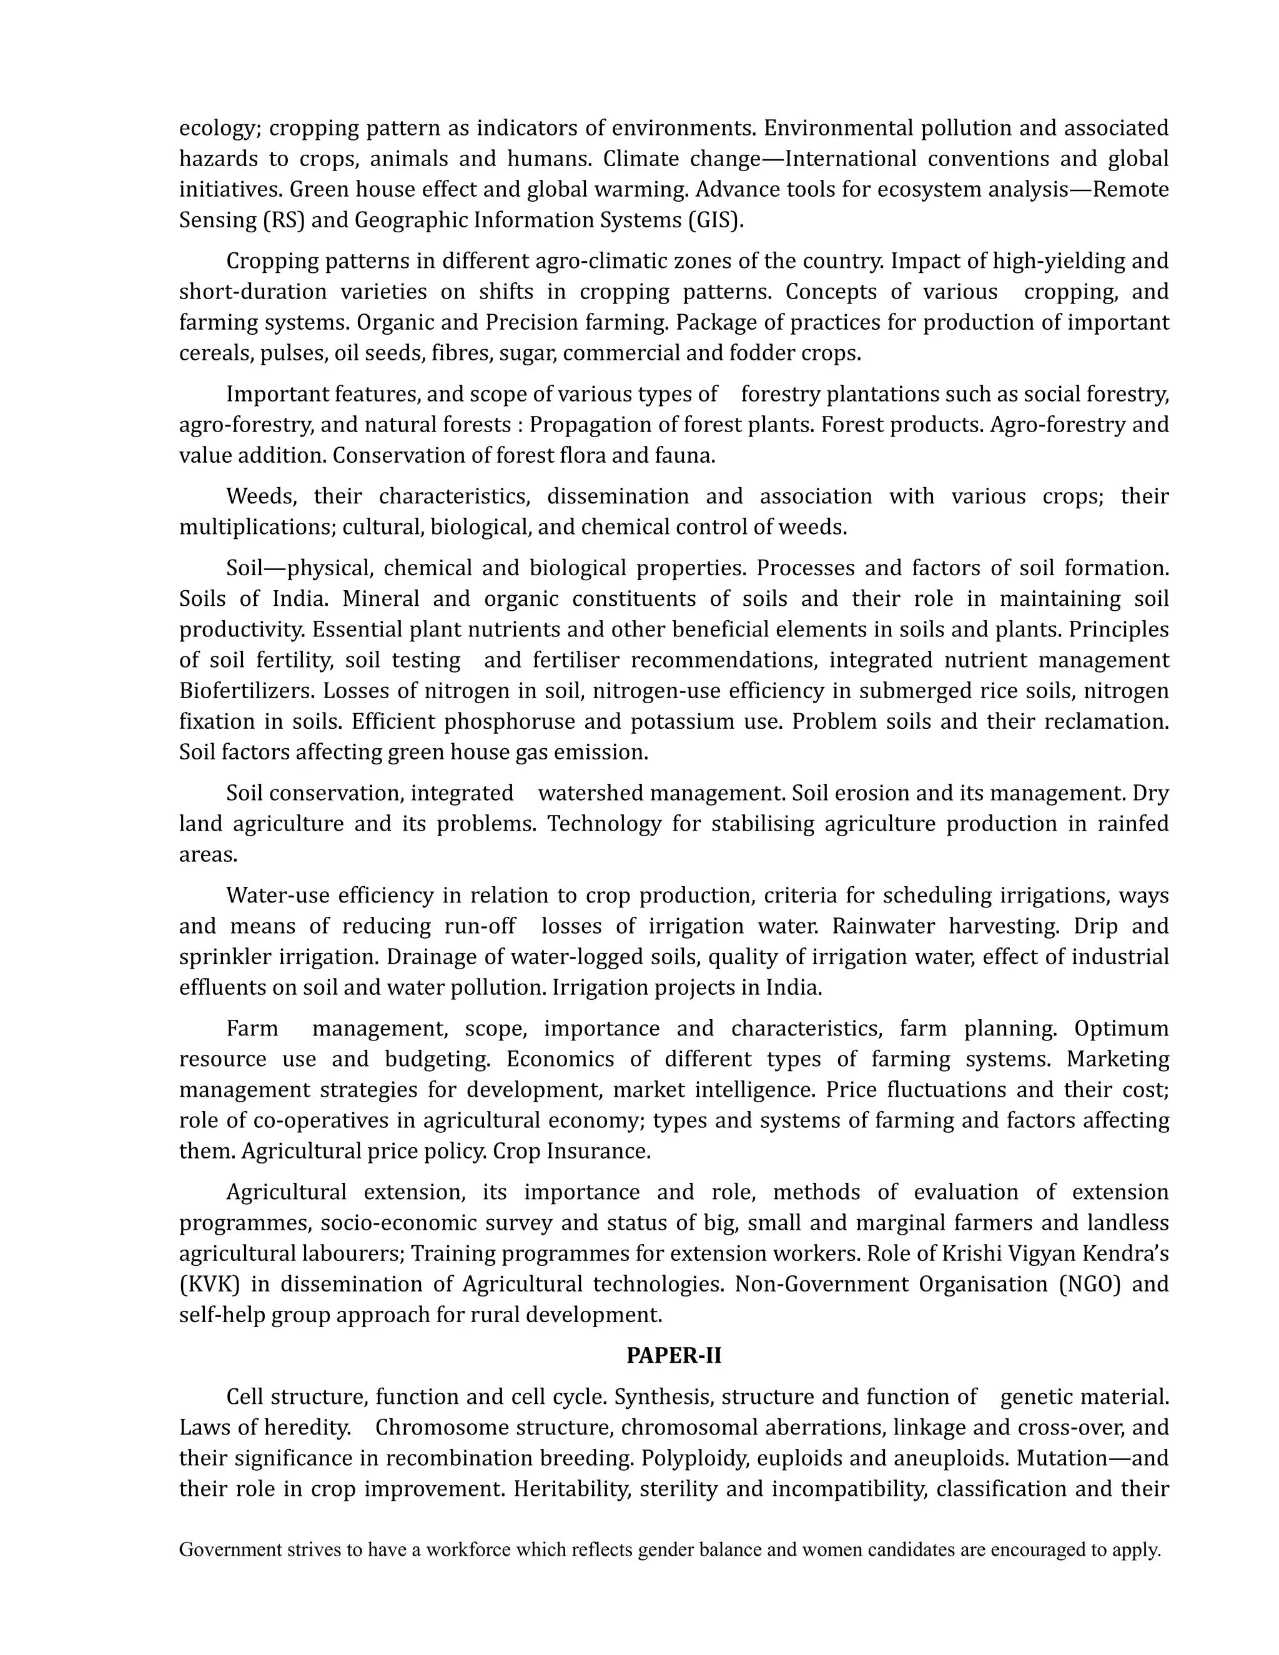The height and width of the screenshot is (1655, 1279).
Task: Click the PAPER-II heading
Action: pyautogui.click(x=674, y=1356)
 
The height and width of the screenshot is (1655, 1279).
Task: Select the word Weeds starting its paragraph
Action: pyautogui.click(x=259, y=496)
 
